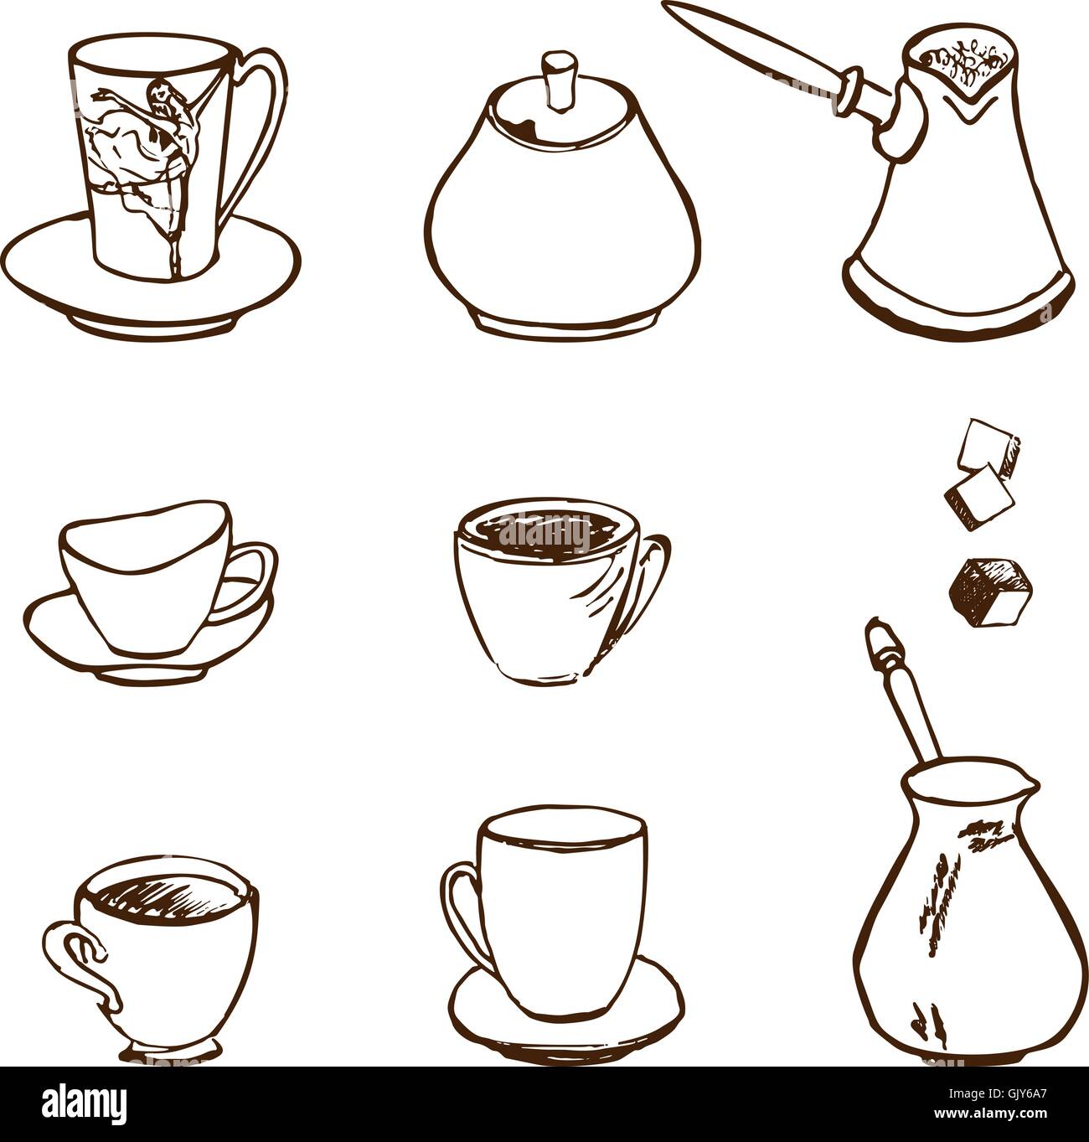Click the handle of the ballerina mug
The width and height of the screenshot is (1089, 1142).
point(266,126)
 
